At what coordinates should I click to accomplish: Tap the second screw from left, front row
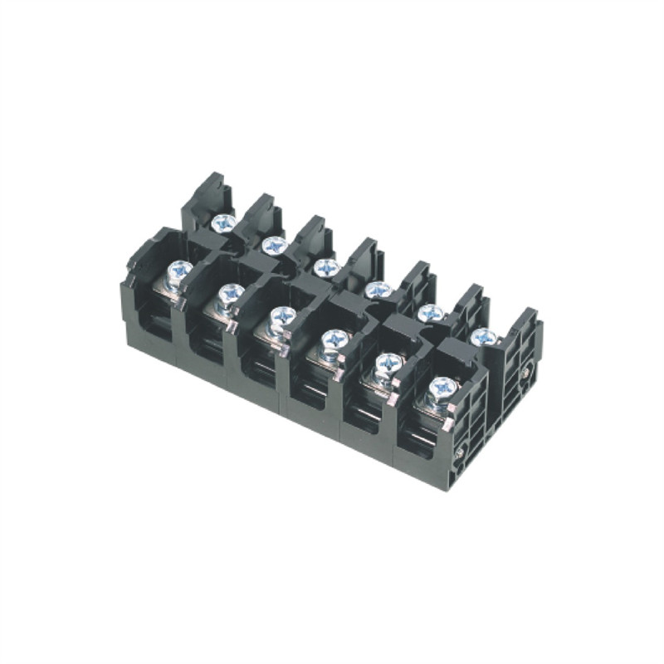(x=232, y=293)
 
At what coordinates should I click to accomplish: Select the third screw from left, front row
(x=283, y=316)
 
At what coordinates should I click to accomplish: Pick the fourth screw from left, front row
(x=334, y=339)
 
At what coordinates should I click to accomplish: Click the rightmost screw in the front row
(x=441, y=387)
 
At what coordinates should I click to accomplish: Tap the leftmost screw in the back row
(x=222, y=222)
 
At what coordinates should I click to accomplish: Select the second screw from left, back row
(x=274, y=245)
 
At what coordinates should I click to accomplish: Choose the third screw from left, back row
(x=326, y=267)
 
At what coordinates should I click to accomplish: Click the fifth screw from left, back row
(x=429, y=313)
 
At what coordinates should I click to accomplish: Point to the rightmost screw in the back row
(x=483, y=337)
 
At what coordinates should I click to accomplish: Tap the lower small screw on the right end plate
(x=459, y=452)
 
